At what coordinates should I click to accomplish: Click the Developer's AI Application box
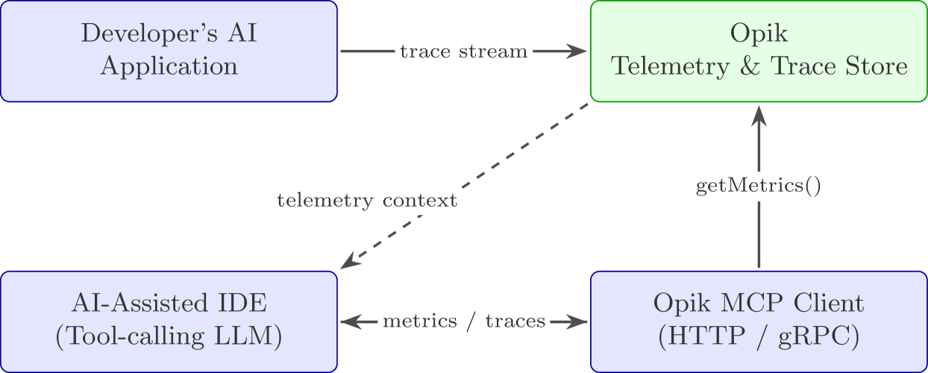(x=169, y=51)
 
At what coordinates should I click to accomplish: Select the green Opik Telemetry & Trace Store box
(x=759, y=51)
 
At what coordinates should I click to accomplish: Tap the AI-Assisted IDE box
(x=169, y=321)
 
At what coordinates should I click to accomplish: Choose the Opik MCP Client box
(x=759, y=321)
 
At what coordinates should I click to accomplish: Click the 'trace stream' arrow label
(x=463, y=51)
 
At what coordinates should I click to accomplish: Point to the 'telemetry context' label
(x=366, y=201)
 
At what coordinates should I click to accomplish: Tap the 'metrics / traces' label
(x=464, y=322)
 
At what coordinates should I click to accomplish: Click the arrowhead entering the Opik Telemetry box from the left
(x=579, y=51)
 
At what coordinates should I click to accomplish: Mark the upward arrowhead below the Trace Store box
(x=759, y=116)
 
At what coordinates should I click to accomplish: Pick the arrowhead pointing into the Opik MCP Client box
(x=579, y=322)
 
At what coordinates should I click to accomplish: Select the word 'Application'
(x=169, y=67)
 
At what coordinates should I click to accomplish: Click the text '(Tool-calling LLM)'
(x=169, y=337)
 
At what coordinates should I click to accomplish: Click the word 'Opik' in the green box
(x=759, y=34)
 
